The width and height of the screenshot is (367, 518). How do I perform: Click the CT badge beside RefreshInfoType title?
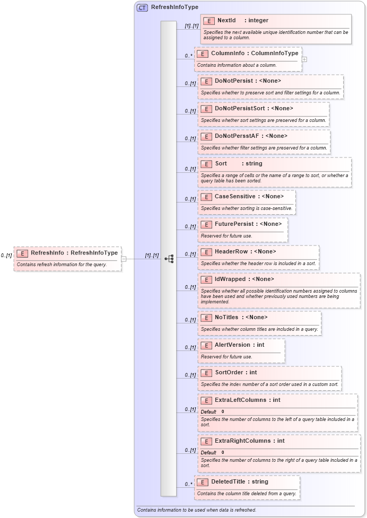click(x=142, y=7)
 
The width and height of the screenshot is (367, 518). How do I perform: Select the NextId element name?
click(x=226, y=21)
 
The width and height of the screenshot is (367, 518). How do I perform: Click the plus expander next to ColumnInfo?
click(x=304, y=59)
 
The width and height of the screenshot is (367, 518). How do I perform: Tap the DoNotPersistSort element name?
click(x=239, y=109)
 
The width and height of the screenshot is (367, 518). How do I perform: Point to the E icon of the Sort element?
click(x=206, y=164)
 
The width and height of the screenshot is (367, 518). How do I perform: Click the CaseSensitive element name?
click(x=235, y=197)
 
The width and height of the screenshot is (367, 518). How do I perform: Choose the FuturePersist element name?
click(x=234, y=224)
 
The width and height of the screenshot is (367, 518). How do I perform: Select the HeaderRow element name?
click(x=231, y=252)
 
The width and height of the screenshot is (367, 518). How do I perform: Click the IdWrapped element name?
click(x=230, y=279)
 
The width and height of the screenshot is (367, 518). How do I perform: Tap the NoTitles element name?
click(x=226, y=318)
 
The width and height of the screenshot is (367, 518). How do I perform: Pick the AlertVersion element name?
click(x=232, y=345)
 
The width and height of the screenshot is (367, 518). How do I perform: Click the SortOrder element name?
click(x=229, y=373)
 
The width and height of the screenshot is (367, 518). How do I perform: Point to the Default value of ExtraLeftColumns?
click(x=223, y=411)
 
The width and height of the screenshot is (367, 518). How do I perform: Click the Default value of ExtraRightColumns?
click(x=223, y=452)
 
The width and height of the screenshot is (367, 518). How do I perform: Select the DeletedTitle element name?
click(x=229, y=482)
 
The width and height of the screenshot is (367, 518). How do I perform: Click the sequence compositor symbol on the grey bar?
click(x=169, y=259)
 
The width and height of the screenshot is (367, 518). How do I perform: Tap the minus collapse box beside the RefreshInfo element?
click(x=124, y=259)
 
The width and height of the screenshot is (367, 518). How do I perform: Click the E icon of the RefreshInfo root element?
click(x=22, y=253)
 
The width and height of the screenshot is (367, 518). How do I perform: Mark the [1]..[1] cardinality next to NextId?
click(x=191, y=25)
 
